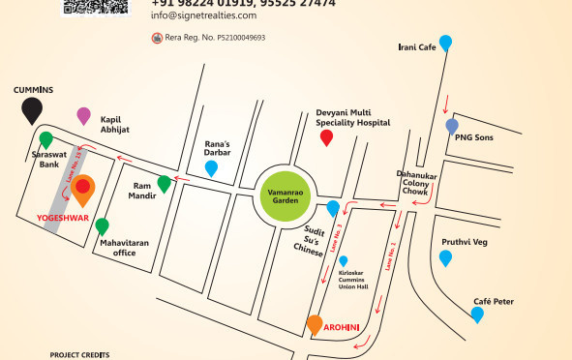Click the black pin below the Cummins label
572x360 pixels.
click(33, 109)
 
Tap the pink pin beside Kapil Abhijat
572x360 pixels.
click(83, 115)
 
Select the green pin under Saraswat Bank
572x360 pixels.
click(45, 139)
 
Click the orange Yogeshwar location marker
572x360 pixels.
click(83, 190)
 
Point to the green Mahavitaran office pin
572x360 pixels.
click(102, 226)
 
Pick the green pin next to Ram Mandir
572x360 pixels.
click(165, 183)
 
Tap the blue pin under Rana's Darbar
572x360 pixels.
click(212, 168)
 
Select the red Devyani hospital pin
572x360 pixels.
click(326, 137)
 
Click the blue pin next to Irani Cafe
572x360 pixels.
click(445, 42)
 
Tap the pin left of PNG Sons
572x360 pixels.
click(452, 126)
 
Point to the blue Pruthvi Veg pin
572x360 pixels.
click(445, 257)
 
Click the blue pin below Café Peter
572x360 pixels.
click(477, 314)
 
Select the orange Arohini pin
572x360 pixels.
click(315, 324)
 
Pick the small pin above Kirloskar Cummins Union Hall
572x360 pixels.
click(343, 260)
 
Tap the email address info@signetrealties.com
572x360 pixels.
click(204, 16)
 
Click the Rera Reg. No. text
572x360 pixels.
click(214, 38)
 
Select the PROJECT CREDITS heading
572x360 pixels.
click(80, 355)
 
